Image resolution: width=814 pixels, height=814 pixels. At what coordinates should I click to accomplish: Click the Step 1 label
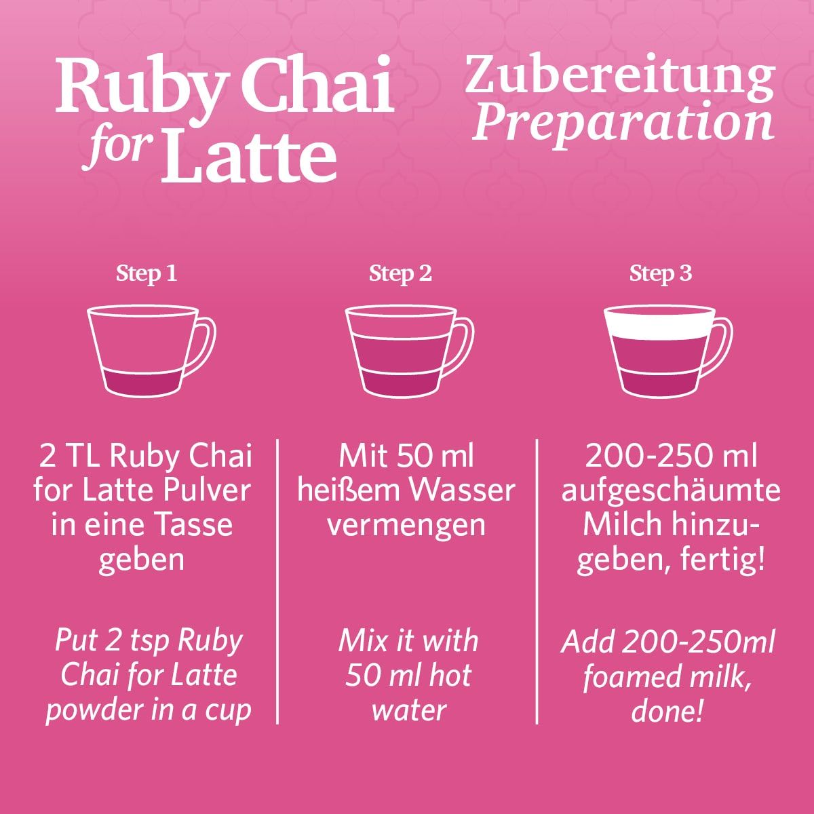(x=147, y=273)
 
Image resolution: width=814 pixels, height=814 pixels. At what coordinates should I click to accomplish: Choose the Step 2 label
(x=400, y=273)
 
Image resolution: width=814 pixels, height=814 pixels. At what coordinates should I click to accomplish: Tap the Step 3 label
(x=661, y=273)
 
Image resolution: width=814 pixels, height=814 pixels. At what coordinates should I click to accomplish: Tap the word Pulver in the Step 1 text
(x=210, y=490)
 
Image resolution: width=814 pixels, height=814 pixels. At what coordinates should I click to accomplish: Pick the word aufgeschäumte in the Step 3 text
(x=670, y=490)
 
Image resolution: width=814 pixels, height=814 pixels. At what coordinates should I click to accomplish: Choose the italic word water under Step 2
(x=408, y=710)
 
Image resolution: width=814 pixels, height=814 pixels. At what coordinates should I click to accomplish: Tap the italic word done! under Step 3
(x=667, y=712)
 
